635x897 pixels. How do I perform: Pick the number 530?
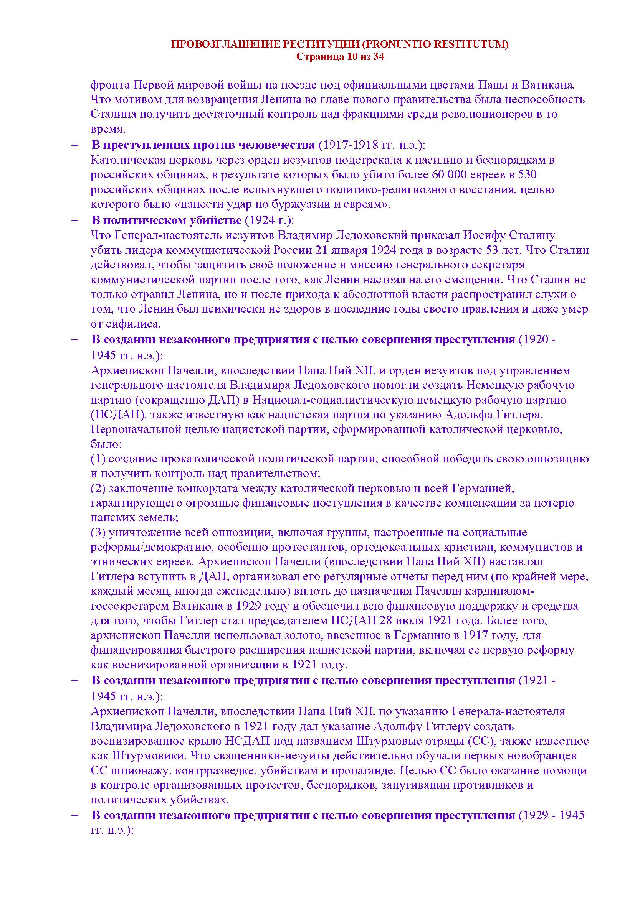pyautogui.click(x=530, y=174)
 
